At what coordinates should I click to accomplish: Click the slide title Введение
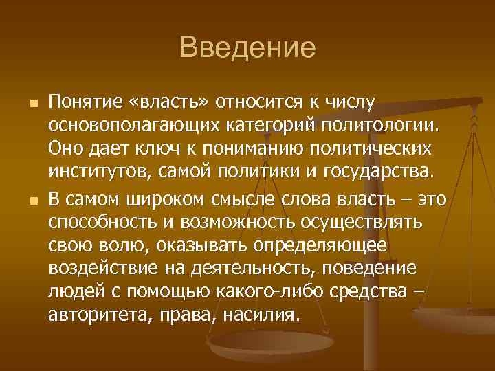247,48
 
